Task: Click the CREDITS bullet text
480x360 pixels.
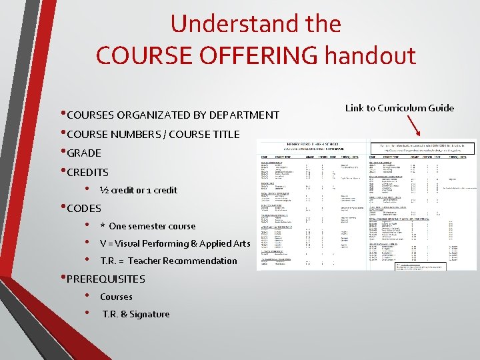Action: pos(88,172)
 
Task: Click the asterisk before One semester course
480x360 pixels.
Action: pos(102,226)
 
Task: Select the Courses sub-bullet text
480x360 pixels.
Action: pos(116,297)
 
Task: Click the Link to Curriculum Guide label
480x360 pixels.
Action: pos(399,108)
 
